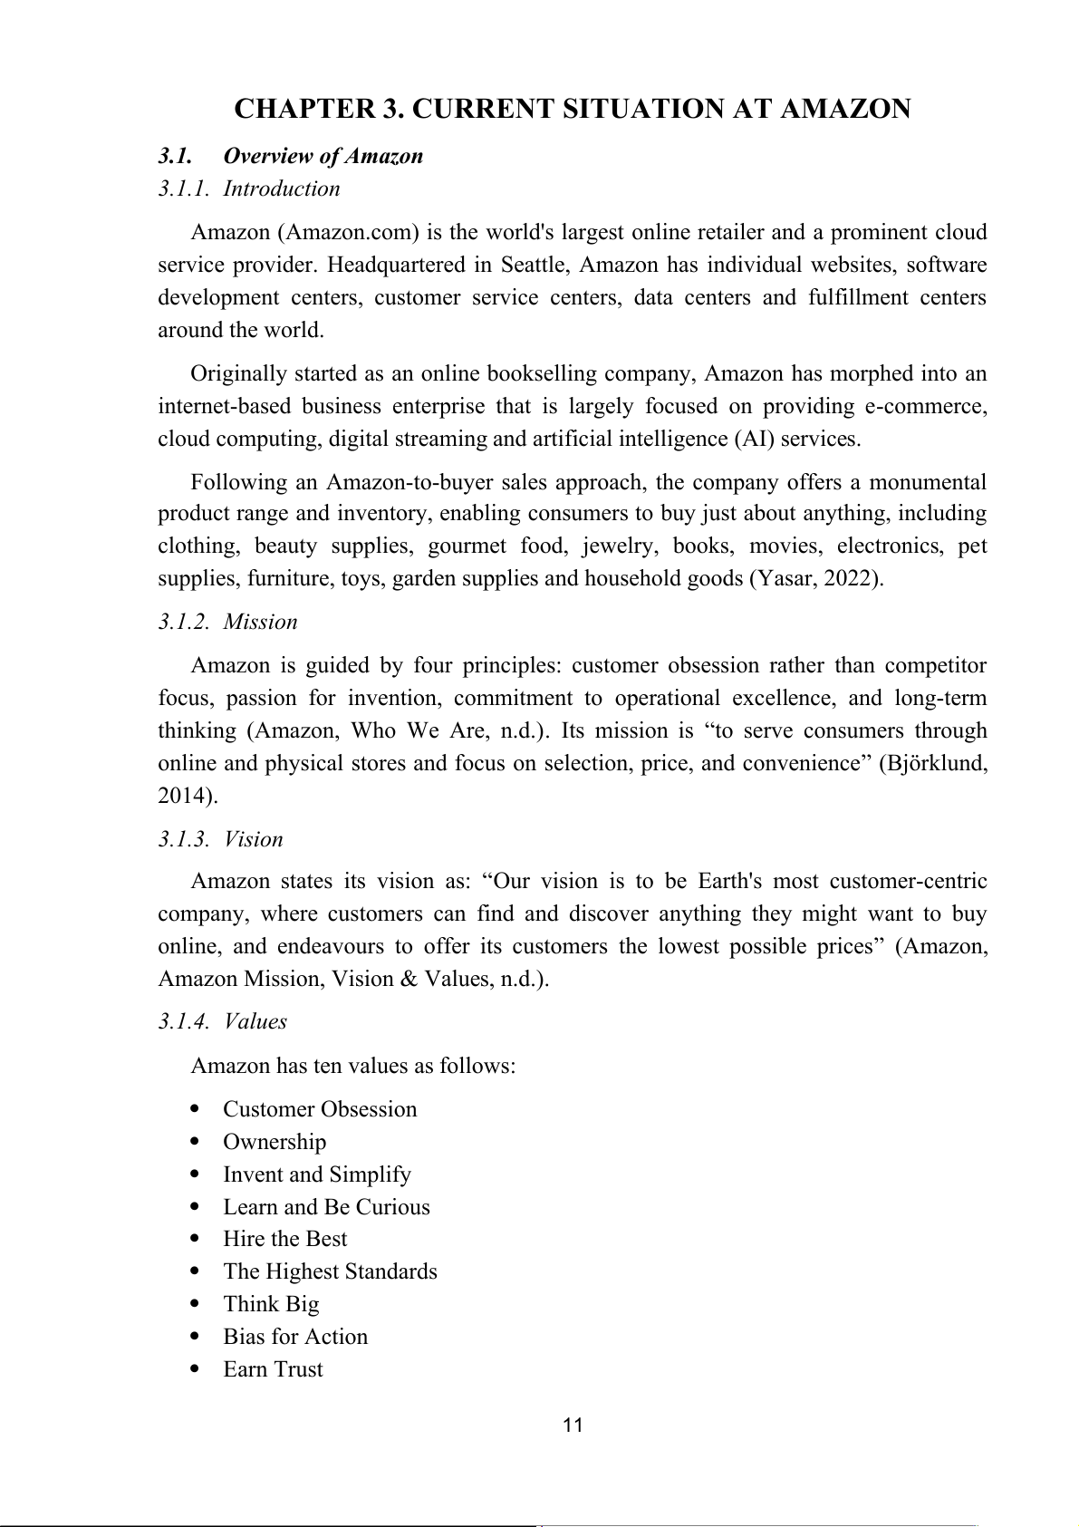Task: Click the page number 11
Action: (573, 1426)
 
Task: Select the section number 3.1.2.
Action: (185, 622)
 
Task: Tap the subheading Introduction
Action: (282, 188)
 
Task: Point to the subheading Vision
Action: (254, 839)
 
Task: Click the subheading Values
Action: (255, 1021)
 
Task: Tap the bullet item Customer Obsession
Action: (320, 1109)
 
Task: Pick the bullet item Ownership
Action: (275, 1142)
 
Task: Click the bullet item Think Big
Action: (271, 1304)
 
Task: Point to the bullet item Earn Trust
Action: (273, 1369)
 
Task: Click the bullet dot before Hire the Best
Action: (197, 1238)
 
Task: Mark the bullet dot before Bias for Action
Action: (197, 1336)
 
